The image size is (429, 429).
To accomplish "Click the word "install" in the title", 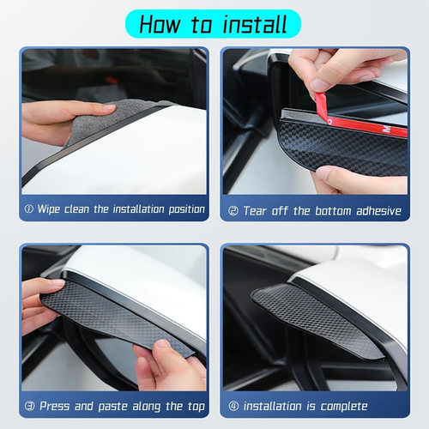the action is [x=255, y=24].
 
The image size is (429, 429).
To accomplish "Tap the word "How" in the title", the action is [x=160, y=24].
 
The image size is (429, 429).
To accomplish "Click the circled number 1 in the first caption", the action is [x=29, y=209].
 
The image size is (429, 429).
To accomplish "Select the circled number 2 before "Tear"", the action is [x=233, y=211].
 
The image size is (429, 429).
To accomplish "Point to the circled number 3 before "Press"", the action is [x=29, y=406].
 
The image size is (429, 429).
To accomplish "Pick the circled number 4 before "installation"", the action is [x=233, y=406].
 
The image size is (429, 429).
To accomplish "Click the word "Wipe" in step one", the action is [x=49, y=209].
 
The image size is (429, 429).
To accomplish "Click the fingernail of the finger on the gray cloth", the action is [x=108, y=108].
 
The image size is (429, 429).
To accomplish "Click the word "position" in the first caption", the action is [x=187, y=209].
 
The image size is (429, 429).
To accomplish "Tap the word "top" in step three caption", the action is [x=196, y=407].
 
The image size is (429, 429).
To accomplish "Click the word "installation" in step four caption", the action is [x=272, y=406].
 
